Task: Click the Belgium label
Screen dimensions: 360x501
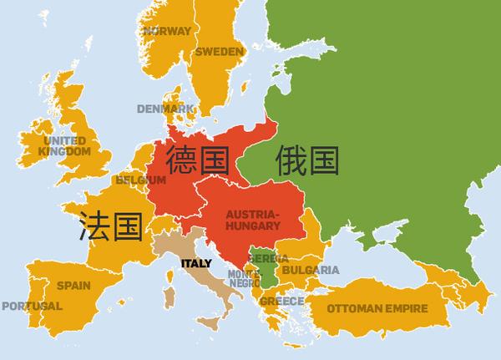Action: point(136,180)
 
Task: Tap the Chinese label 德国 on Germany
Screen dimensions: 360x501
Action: point(198,160)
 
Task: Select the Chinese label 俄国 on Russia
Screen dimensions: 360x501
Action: point(309,160)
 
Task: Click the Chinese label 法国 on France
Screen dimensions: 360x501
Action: point(111,226)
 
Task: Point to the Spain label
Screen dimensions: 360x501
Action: point(73,285)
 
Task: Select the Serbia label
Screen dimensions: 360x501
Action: point(268,259)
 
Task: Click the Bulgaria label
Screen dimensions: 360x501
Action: point(311,270)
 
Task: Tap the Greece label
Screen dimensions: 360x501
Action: point(281,301)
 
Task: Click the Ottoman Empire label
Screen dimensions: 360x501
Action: point(377,308)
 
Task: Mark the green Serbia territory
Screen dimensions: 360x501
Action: point(266,266)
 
